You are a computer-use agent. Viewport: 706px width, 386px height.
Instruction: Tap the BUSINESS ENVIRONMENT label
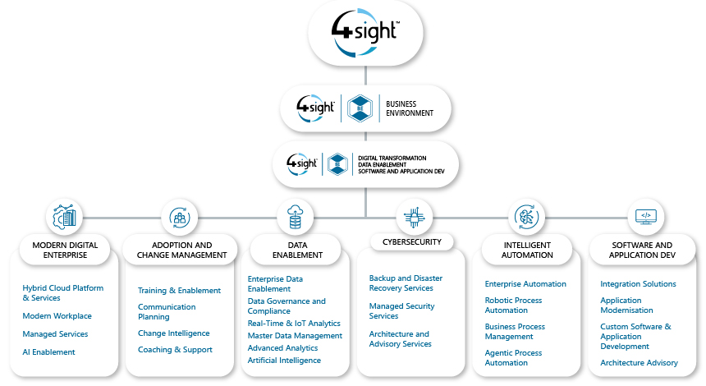409,109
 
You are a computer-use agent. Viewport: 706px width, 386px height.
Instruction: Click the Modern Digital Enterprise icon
64,217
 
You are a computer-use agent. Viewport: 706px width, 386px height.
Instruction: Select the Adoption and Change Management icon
178,217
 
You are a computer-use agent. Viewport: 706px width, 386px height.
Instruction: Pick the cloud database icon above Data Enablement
294,217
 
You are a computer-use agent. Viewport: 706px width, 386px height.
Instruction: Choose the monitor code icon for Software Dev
645,217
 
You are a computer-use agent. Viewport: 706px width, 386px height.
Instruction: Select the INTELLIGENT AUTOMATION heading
527,250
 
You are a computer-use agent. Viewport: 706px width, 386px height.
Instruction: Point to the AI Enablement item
48,352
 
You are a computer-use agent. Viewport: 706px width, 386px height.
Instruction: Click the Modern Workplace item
57,316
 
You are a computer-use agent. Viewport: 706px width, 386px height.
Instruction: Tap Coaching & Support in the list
175,350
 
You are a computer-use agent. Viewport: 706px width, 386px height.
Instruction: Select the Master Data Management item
295,336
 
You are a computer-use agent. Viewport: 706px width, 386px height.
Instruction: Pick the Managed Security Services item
401,310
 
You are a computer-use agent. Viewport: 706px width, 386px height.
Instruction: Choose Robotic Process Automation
513,306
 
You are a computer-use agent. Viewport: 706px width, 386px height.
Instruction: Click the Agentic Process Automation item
513,357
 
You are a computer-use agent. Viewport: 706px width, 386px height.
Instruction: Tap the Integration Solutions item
638,284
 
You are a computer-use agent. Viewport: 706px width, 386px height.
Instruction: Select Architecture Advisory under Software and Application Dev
639,363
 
